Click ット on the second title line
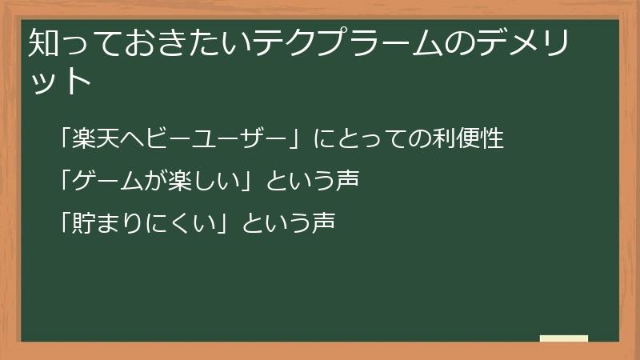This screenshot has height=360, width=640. tap(61, 82)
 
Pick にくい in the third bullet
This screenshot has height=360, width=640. tap(181, 222)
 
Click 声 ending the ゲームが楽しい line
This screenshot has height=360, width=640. tap(346, 181)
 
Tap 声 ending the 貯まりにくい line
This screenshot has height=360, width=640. tap(322, 222)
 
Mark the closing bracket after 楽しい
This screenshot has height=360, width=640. tap(247, 181)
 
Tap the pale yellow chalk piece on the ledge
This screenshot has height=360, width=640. tap(564, 338)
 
